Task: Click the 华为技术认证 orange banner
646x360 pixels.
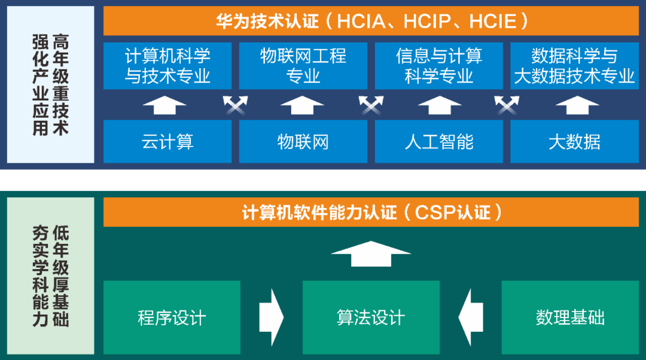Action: click(371, 21)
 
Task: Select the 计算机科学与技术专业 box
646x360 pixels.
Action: click(167, 66)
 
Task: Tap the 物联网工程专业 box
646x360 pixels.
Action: click(303, 66)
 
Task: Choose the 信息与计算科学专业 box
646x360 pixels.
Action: click(439, 66)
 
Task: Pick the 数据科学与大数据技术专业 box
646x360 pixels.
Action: click(574, 66)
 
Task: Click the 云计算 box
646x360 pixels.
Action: click(167, 142)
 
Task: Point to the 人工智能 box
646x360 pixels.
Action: click(439, 142)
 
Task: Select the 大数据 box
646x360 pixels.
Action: click(574, 142)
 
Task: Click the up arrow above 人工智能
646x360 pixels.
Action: click(440, 105)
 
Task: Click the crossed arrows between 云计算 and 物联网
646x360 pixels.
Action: click(235, 105)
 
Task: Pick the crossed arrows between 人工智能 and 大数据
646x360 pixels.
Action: click(507, 105)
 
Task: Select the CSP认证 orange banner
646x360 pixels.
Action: click(371, 212)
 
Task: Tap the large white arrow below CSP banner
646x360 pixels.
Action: click(371, 253)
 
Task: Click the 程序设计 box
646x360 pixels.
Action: click(172, 317)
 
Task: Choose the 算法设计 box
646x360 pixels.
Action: click(371, 317)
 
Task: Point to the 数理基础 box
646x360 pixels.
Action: click(570, 317)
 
